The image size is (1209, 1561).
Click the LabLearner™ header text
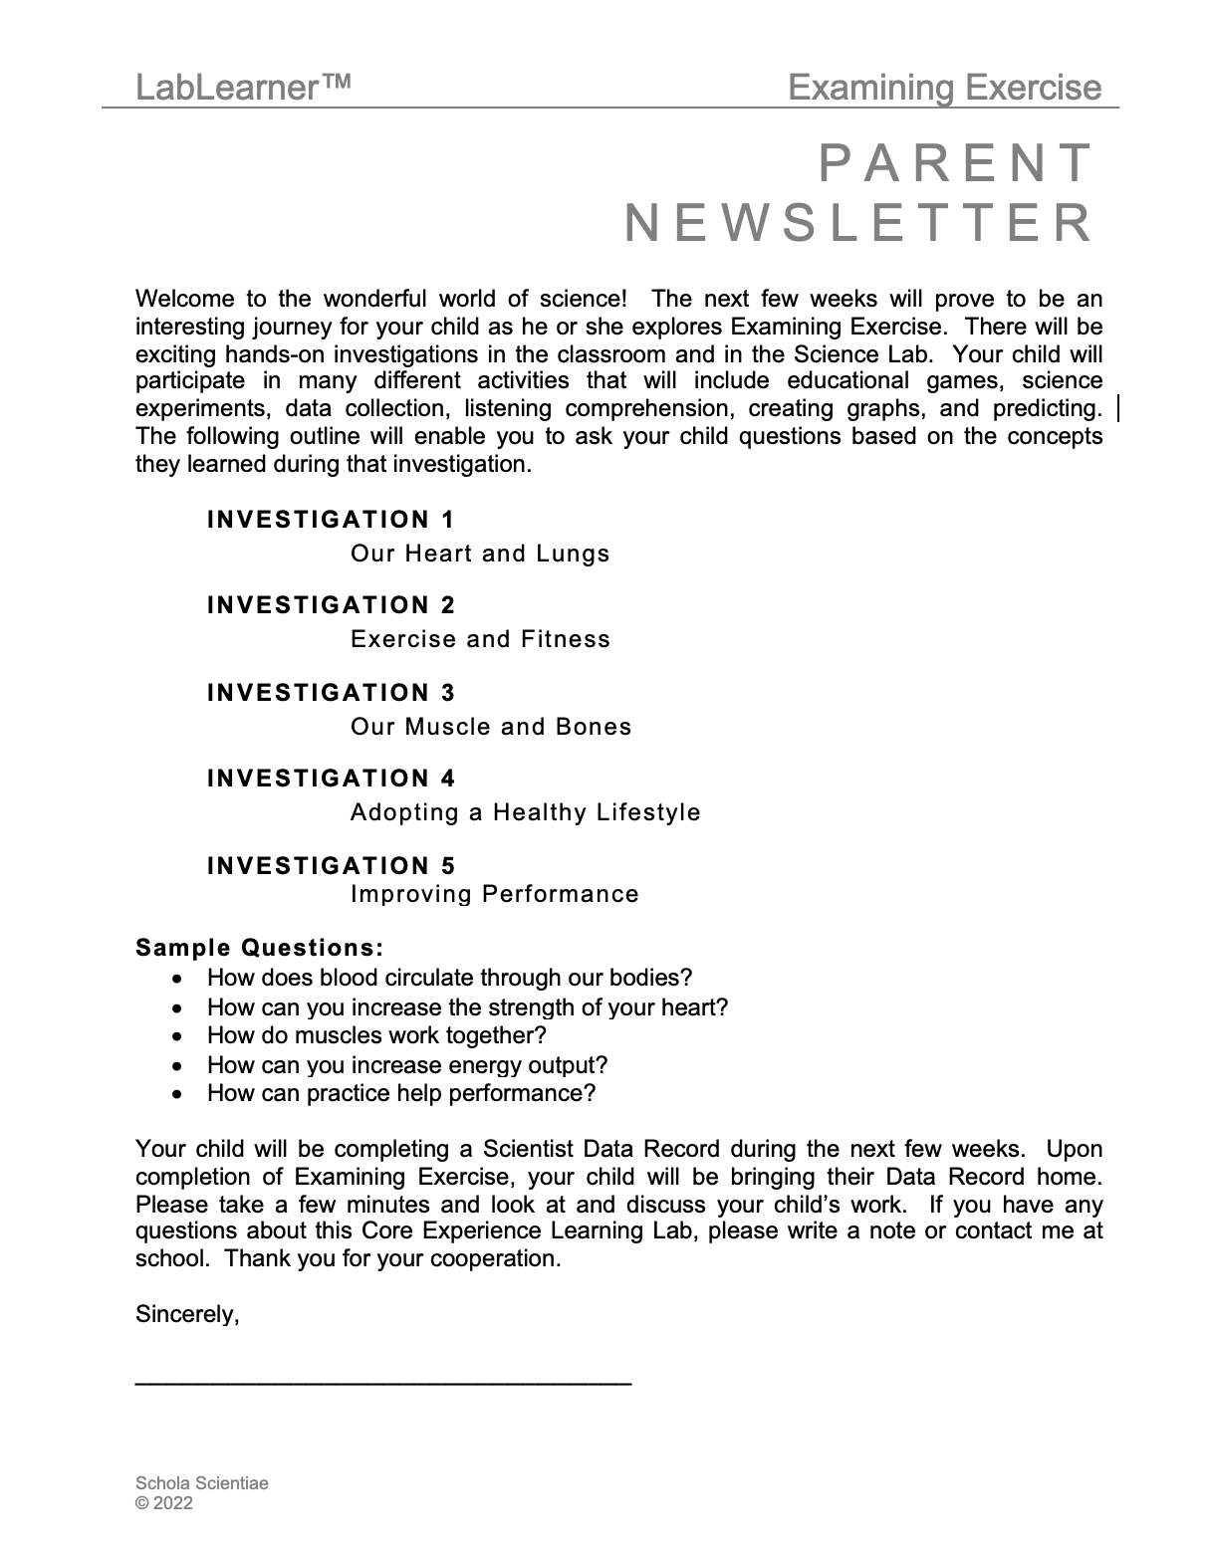(x=243, y=89)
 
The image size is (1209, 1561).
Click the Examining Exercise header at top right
(x=944, y=89)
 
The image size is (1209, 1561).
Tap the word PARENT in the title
(x=956, y=164)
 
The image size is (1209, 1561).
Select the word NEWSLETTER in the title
(x=858, y=223)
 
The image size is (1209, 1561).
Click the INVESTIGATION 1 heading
(x=331, y=520)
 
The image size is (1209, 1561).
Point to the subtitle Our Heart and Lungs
(x=480, y=554)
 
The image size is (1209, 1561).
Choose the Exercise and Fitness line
(x=480, y=639)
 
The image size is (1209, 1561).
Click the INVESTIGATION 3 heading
(x=331, y=693)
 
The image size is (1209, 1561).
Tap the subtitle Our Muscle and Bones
(x=491, y=727)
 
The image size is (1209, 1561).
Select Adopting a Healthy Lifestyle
(x=526, y=812)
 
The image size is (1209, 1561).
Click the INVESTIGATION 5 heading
(x=331, y=866)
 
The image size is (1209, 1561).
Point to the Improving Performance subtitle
(x=495, y=894)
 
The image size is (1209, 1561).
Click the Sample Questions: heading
(x=260, y=948)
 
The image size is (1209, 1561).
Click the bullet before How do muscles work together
(x=177, y=1036)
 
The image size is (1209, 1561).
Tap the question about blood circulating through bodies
(x=449, y=979)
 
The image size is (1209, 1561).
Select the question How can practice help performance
(x=401, y=1094)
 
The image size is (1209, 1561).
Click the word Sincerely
(x=187, y=1315)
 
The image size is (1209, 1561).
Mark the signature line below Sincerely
(x=383, y=1382)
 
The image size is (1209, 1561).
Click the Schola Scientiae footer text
(x=202, y=1483)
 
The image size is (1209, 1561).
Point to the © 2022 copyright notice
(x=164, y=1503)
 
